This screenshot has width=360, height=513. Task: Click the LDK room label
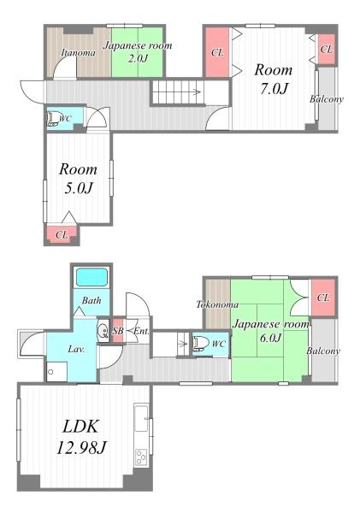[x=80, y=427]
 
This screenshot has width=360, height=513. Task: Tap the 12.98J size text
[x=81, y=447]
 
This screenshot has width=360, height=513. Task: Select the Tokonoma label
[x=217, y=304]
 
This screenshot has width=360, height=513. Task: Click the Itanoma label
[x=79, y=53]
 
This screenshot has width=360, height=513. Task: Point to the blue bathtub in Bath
[x=91, y=277]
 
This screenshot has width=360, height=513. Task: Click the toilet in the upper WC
[x=52, y=119]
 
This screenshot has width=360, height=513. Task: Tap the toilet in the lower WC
[x=200, y=343]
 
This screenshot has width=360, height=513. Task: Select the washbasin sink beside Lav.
[x=103, y=331]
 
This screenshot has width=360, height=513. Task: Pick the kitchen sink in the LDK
[x=141, y=418]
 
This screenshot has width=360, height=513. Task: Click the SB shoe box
[x=117, y=330]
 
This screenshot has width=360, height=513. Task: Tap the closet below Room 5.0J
[x=62, y=234]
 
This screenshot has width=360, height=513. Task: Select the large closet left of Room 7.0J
[x=217, y=52]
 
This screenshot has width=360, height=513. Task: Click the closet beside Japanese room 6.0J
[x=323, y=298]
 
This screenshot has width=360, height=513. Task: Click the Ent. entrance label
[x=141, y=331]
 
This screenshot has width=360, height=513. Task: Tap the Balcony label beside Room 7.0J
[x=327, y=99]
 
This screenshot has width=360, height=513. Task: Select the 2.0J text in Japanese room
[x=138, y=58]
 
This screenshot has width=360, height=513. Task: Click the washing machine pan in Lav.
[x=56, y=371]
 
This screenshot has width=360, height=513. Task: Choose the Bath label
[x=91, y=300]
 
